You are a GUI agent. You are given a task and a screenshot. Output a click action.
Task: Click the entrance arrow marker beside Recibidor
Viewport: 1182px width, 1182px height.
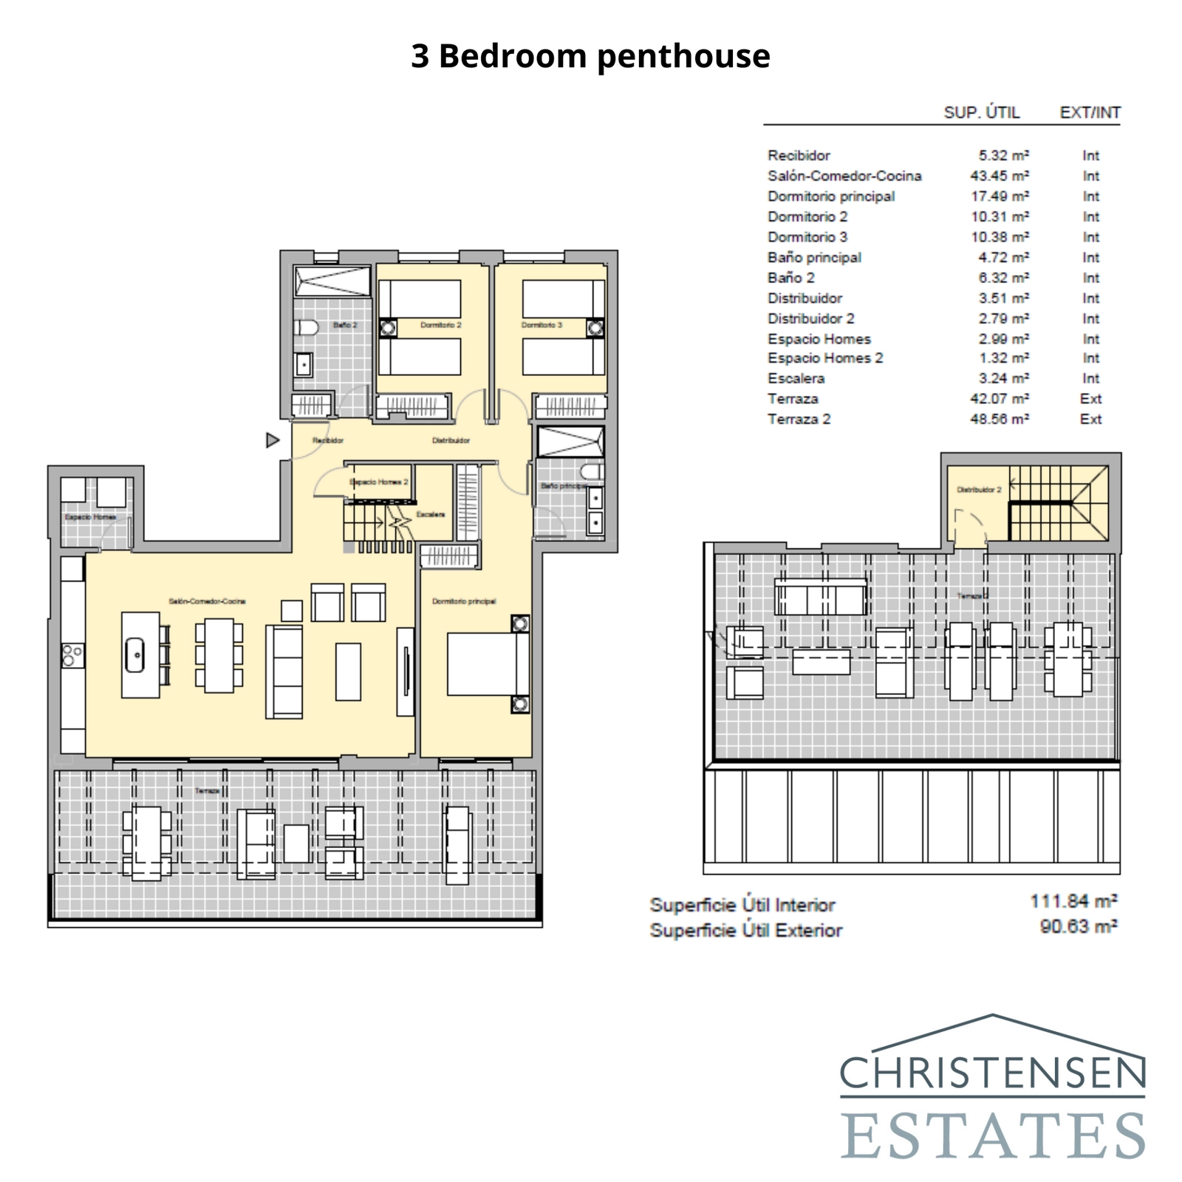click(273, 440)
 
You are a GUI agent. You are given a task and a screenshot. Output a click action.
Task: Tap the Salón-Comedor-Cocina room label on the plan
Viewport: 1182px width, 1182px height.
click(207, 601)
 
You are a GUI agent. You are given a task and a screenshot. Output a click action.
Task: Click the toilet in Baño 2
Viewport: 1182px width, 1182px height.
click(305, 327)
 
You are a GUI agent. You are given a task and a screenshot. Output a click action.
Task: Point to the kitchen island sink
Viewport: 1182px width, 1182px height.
click(134, 655)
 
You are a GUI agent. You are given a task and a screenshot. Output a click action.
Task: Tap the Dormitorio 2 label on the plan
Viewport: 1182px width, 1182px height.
click(440, 325)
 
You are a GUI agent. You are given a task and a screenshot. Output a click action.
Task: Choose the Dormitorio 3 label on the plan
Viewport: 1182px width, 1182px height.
click(542, 325)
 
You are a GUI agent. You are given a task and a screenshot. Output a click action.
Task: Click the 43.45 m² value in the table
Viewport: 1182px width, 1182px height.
click(999, 176)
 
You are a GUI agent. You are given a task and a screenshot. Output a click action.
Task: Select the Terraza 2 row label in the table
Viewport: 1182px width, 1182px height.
click(799, 419)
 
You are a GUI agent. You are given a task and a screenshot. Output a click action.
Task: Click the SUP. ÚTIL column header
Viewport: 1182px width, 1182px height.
click(981, 112)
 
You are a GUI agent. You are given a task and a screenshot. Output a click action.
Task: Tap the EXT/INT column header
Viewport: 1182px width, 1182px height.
click(1090, 112)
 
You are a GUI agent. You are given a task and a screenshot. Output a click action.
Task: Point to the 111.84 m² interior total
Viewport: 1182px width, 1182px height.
click(1073, 901)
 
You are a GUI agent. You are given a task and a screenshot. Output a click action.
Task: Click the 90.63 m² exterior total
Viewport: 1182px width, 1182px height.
click(1078, 926)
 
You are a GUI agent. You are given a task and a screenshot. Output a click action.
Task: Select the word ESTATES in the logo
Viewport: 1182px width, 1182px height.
click(993, 1135)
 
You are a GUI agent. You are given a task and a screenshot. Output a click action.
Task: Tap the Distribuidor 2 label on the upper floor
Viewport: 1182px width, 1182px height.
click(979, 490)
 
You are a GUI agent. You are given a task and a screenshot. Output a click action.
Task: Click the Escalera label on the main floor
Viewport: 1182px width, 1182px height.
click(431, 514)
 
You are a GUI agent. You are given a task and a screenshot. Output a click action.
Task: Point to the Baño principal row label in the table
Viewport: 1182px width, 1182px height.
click(814, 258)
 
